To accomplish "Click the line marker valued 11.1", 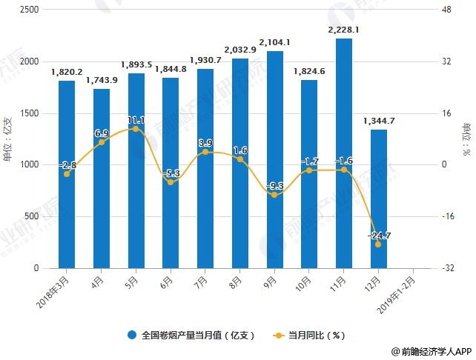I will tap(136, 129).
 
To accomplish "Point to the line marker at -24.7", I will tap(378, 244).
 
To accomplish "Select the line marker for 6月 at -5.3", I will tap(171, 181).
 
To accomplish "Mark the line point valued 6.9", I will tap(102, 142).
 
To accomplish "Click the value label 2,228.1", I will tap(343, 30).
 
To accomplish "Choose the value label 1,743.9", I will tap(102, 80).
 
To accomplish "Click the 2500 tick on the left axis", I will tap(30, 10).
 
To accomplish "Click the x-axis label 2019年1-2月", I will tap(403, 291).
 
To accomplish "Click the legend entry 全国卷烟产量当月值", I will tap(192, 335).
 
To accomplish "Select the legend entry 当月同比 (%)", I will tap(310, 335).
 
